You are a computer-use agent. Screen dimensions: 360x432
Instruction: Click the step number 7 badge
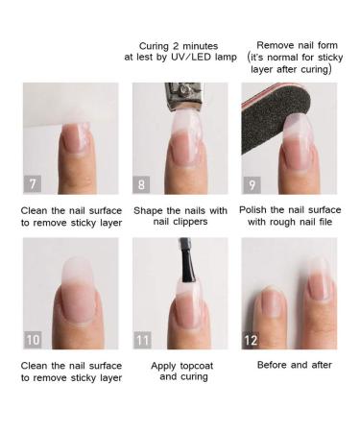click(33, 184)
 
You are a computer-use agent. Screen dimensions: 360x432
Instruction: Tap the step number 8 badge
click(141, 184)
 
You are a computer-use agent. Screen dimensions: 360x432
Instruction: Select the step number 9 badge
click(252, 184)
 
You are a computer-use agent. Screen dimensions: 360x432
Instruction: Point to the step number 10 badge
click(33, 340)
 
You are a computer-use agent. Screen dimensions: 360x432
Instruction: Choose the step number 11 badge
click(142, 340)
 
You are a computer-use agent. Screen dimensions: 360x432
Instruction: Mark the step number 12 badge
click(251, 340)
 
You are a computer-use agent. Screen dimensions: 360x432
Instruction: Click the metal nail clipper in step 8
click(183, 96)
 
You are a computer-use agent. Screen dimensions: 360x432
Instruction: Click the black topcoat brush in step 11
click(188, 261)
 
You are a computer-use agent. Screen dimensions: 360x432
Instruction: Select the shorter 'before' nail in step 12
click(271, 301)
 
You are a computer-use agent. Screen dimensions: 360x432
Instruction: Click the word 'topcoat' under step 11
click(197, 366)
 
